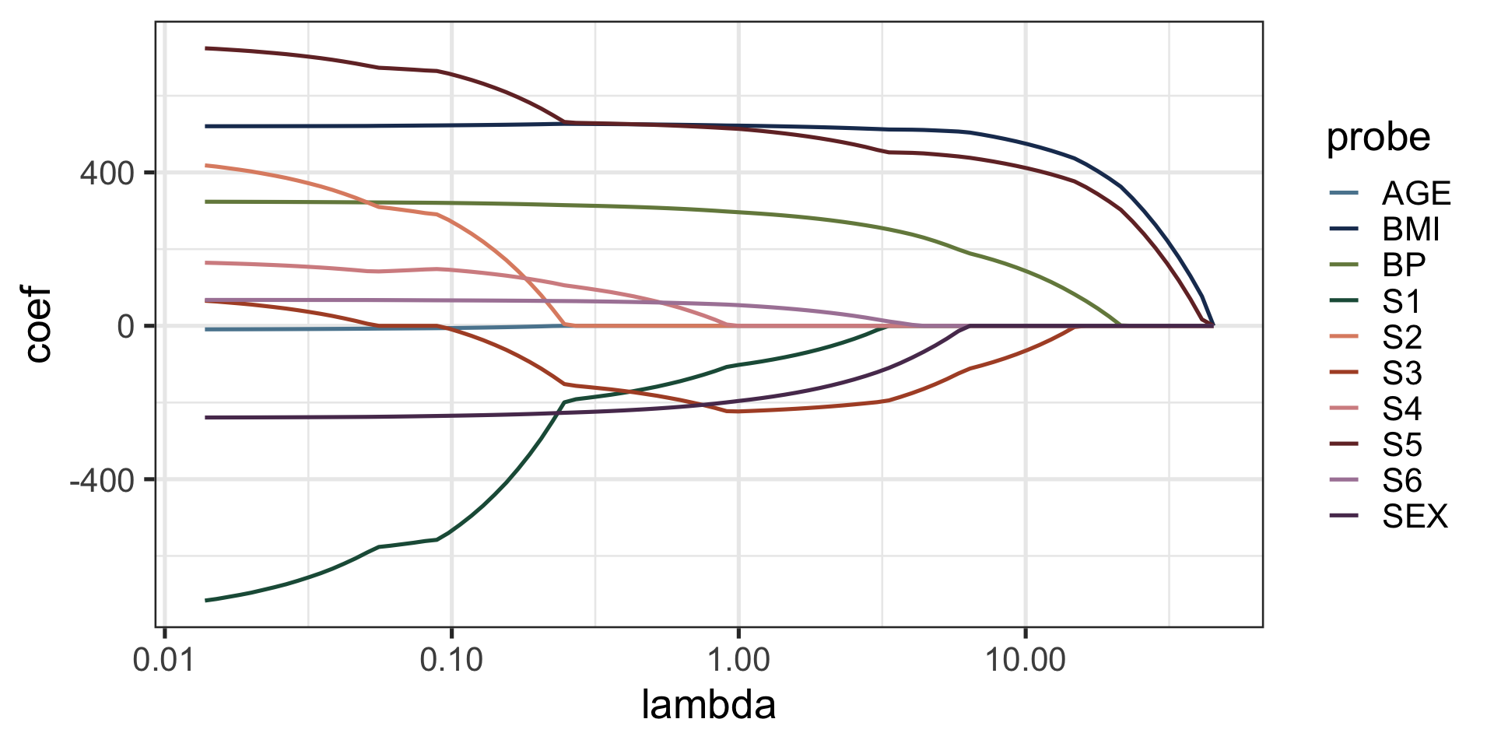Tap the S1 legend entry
(1401, 301)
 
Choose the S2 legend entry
(1401, 337)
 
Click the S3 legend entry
(1401, 373)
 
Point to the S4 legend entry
(1401, 409)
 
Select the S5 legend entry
(1401, 445)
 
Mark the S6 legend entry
(1401, 481)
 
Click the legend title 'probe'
(1378, 138)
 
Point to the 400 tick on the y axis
(107, 173)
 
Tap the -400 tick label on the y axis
(102, 480)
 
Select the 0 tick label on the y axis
(126, 327)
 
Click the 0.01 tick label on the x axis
(164, 661)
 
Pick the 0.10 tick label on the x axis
(451, 661)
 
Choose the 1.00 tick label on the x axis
(738, 661)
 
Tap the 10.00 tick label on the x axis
(1025, 661)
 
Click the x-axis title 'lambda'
(708, 706)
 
